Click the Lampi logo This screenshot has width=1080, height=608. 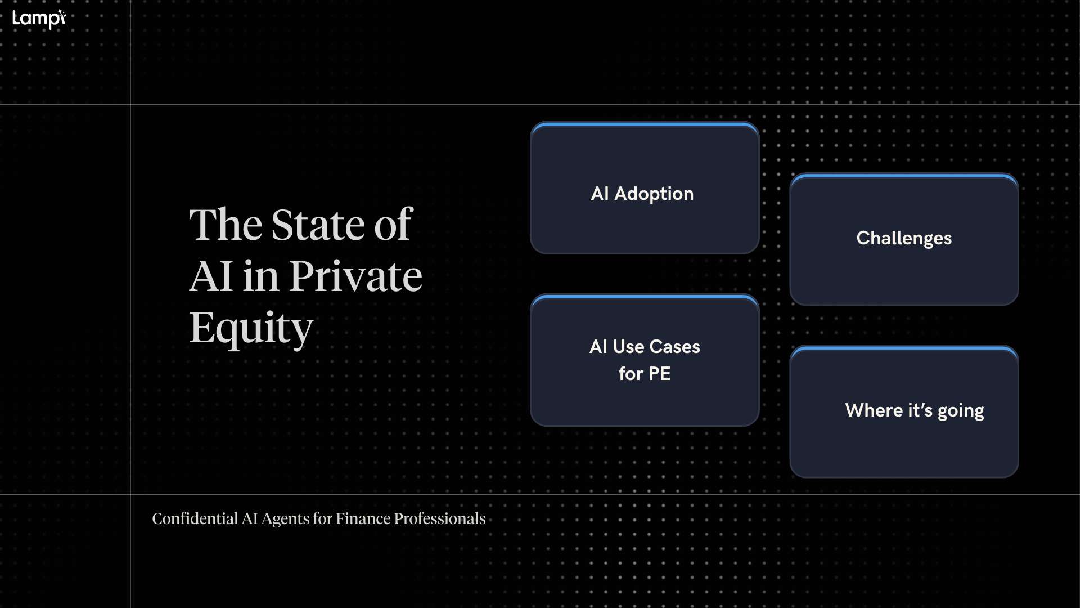[39, 19]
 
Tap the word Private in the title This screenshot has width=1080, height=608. [355, 276]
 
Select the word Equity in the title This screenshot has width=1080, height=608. [251, 328]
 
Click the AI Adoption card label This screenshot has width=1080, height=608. [642, 194]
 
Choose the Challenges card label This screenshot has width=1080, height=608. [904, 238]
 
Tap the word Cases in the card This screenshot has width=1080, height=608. [674, 347]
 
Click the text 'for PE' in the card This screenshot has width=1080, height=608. [645, 374]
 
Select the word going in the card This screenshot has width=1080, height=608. [961, 411]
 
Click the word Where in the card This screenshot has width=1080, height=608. [874, 410]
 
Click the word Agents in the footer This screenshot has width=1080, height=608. [286, 519]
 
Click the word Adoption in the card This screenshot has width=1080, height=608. [654, 194]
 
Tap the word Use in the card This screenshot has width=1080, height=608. [628, 347]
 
